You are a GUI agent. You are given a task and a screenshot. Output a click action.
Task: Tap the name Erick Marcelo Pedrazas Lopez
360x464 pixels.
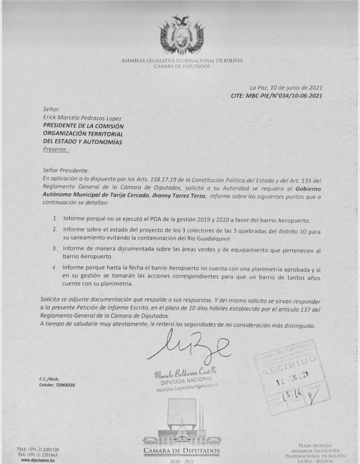click(82, 118)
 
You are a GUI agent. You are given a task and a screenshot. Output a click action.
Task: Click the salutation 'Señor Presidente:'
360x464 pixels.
click(66, 170)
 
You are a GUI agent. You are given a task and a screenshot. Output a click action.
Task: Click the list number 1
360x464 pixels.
click(55, 219)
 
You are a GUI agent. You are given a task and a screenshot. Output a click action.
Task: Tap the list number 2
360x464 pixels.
click(55, 229)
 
